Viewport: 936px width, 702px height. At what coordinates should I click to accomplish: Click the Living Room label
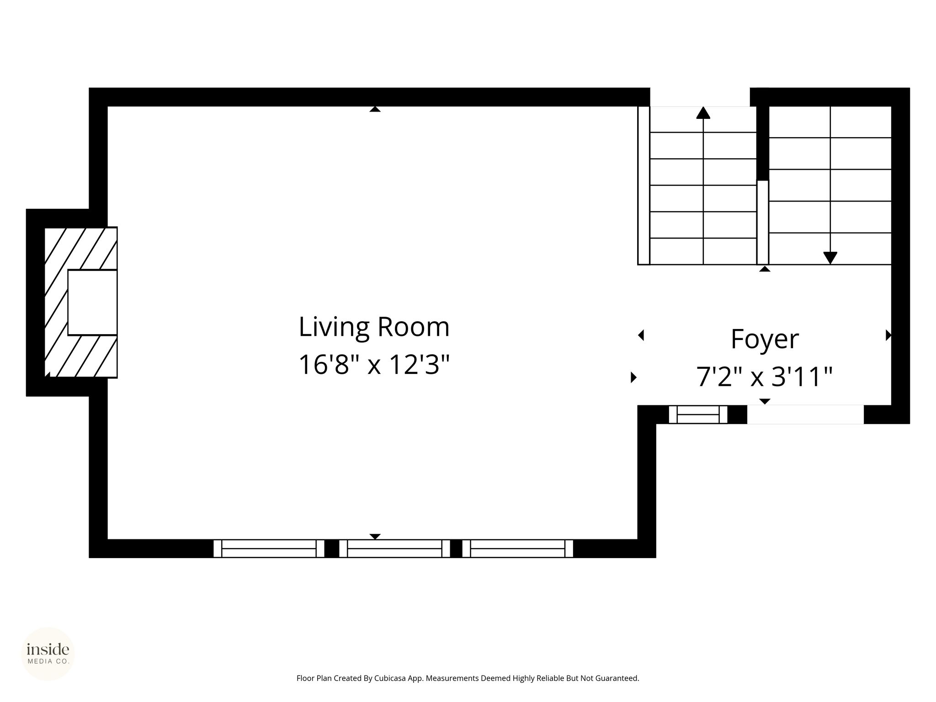(x=374, y=327)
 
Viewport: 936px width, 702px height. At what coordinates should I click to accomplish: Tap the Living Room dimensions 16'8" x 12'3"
(x=374, y=365)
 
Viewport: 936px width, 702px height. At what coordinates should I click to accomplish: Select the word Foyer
(x=765, y=340)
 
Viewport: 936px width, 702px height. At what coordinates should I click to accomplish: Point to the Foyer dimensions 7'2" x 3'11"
(x=765, y=377)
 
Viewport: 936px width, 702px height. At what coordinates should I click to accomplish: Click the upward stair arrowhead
(x=703, y=112)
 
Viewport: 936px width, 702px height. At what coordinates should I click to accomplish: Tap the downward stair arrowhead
(x=830, y=258)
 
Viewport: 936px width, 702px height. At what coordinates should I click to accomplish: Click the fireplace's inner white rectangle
(x=92, y=303)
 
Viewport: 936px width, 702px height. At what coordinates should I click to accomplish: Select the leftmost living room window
(x=269, y=548)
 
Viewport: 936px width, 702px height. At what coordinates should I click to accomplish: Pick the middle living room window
(x=394, y=548)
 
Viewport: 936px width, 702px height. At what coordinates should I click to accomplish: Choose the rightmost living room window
(x=517, y=548)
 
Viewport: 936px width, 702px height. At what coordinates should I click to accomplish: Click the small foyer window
(x=698, y=415)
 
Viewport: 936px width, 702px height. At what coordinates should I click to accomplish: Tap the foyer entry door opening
(x=805, y=415)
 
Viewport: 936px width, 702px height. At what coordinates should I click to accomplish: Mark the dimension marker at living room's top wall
(x=375, y=109)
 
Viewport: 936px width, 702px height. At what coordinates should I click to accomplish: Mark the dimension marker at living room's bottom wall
(x=375, y=537)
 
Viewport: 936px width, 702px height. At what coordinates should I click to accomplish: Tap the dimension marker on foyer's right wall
(x=888, y=335)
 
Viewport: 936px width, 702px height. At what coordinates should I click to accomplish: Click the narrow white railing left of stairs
(x=643, y=186)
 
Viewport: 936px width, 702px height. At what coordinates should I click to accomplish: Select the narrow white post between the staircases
(x=763, y=223)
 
